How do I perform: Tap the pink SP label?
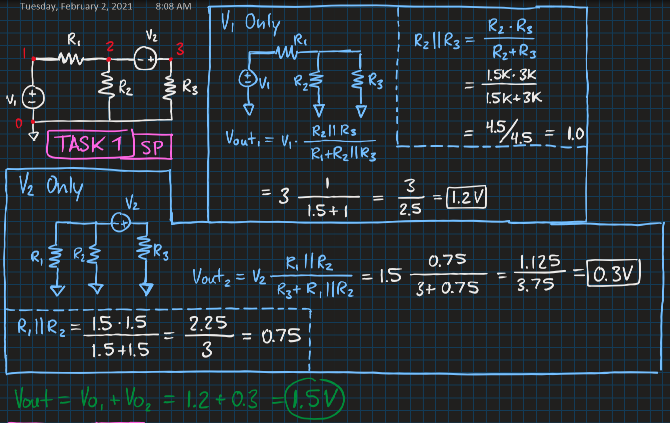click(x=152, y=147)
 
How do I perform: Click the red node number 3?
click(x=180, y=49)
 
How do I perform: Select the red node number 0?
click(x=19, y=123)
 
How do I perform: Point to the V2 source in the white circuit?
click(x=145, y=59)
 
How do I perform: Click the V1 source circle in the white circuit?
click(x=33, y=98)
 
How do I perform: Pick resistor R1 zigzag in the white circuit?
click(x=71, y=58)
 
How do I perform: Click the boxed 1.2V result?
click(x=466, y=197)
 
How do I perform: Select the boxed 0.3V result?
click(x=613, y=273)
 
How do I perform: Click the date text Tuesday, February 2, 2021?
click(x=76, y=6)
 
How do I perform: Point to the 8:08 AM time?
click(x=173, y=6)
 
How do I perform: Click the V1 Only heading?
click(x=251, y=22)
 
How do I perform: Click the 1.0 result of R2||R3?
click(x=575, y=134)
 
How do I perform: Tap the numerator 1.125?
click(x=540, y=262)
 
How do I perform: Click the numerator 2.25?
click(x=208, y=323)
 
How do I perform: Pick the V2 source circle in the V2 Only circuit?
click(x=121, y=222)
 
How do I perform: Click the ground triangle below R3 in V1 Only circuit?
click(x=361, y=111)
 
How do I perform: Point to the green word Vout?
click(x=33, y=399)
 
